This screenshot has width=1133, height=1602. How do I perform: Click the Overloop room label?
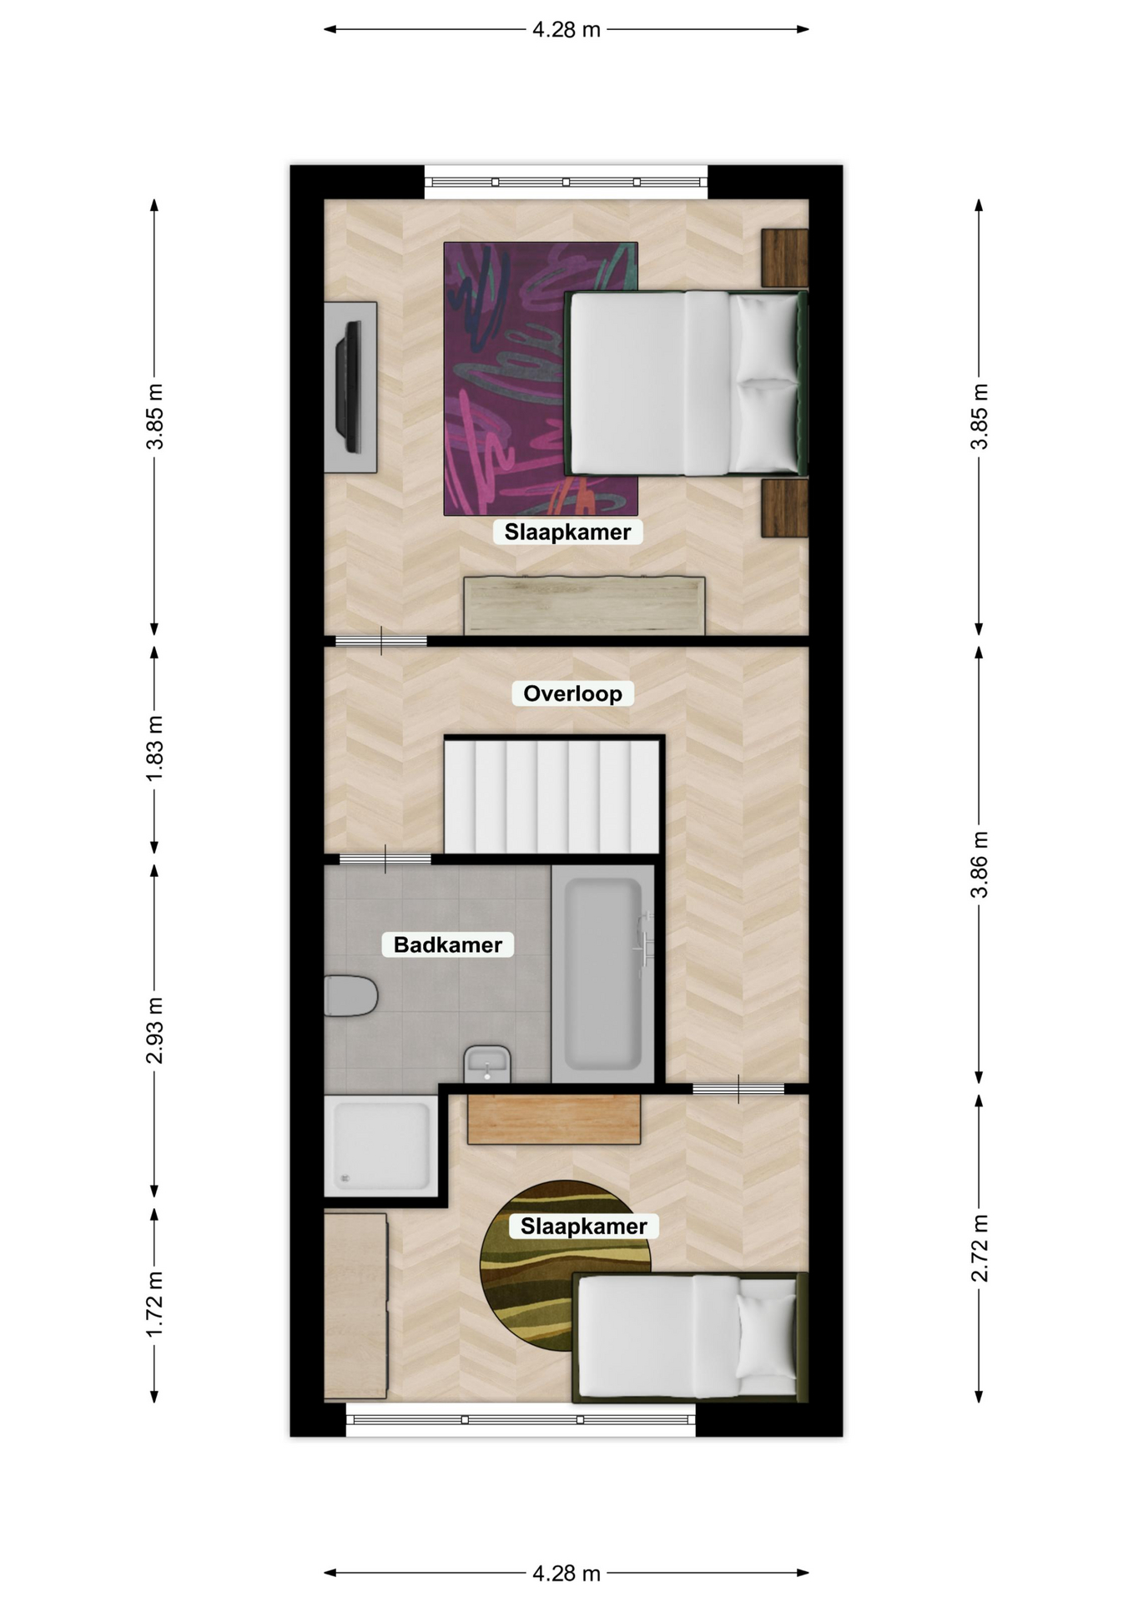click(x=572, y=693)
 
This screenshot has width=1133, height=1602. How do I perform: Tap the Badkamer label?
click(x=447, y=945)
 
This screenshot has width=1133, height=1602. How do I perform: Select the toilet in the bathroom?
click(x=350, y=995)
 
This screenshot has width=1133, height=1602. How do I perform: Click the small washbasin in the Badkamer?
click(x=487, y=1064)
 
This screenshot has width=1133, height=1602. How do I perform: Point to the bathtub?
click(x=602, y=974)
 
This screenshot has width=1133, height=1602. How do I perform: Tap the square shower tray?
click(x=380, y=1146)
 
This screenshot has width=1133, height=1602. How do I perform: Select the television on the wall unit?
click(x=349, y=387)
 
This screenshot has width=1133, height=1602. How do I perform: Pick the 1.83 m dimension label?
click(x=154, y=749)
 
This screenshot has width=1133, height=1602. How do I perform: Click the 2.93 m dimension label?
click(x=154, y=1030)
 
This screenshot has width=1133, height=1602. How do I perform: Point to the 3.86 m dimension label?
click(x=979, y=864)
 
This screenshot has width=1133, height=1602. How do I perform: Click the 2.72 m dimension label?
click(x=979, y=1248)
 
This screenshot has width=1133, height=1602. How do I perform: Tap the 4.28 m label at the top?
click(x=566, y=30)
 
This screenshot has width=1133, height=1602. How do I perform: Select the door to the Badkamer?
click(x=385, y=859)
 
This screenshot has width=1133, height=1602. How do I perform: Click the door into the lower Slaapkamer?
click(x=738, y=1089)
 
